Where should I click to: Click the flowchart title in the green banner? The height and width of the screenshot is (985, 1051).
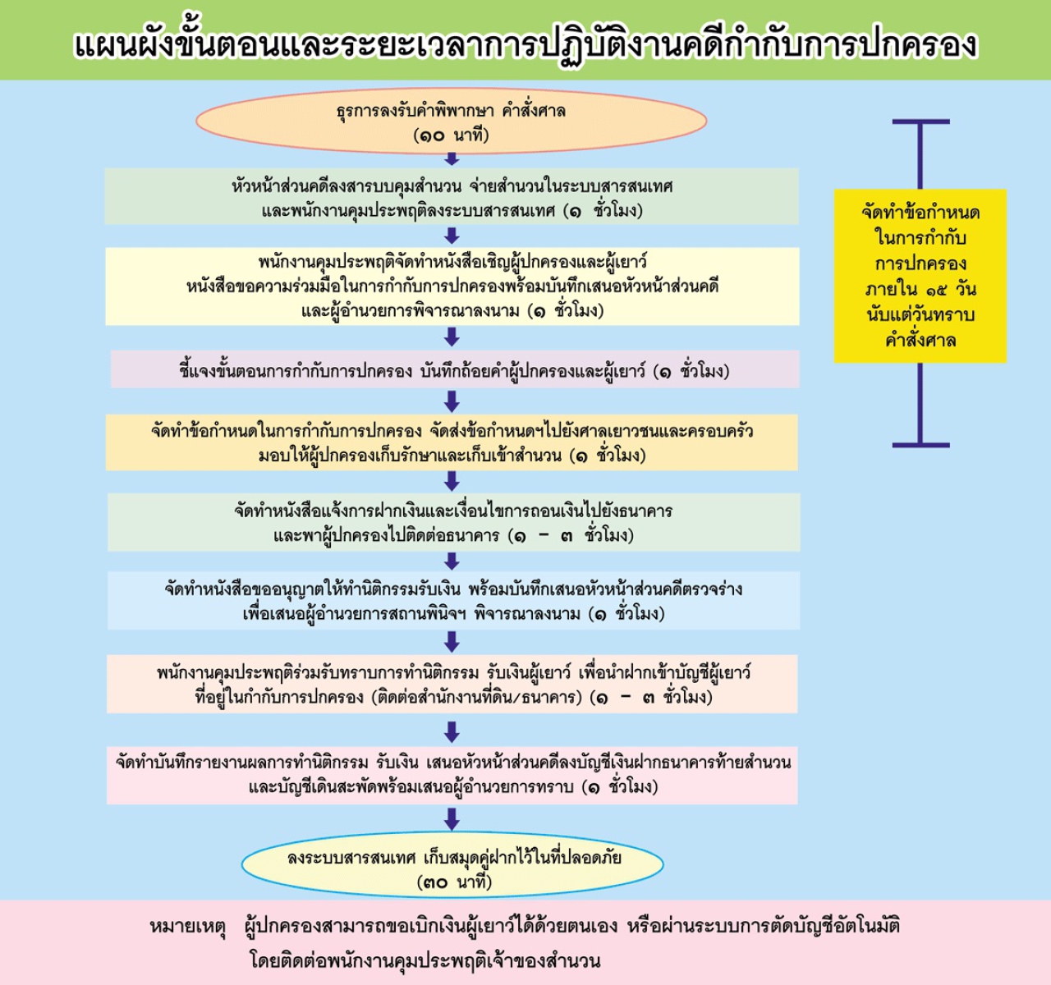click(525, 44)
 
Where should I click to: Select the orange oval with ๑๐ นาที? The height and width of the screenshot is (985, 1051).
click(452, 121)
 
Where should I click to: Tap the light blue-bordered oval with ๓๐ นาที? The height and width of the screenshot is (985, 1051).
click(452, 864)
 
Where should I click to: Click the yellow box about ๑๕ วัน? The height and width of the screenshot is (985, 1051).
click(920, 276)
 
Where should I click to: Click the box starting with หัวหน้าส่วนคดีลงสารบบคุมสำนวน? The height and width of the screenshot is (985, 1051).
click(452, 196)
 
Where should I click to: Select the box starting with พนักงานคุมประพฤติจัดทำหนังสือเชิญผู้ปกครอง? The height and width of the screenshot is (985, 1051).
click(452, 286)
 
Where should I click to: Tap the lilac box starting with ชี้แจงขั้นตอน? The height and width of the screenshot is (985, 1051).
click(455, 369)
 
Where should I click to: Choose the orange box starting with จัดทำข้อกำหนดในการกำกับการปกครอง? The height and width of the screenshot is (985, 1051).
click(452, 442)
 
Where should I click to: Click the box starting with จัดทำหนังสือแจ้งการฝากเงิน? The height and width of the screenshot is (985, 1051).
click(453, 522)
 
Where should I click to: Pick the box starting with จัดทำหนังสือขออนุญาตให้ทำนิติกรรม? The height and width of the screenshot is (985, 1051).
click(453, 601)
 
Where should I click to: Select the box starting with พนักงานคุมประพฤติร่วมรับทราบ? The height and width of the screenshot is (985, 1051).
click(452, 684)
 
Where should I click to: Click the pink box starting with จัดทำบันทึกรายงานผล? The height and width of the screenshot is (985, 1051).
click(452, 776)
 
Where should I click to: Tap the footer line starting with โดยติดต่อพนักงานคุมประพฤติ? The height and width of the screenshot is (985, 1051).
click(425, 961)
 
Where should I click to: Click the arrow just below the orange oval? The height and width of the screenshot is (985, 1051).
click(452, 158)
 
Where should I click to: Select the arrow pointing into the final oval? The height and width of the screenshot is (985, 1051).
click(452, 819)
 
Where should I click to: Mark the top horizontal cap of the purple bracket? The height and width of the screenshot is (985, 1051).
click(920, 121)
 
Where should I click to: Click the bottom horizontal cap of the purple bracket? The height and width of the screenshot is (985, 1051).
click(920, 445)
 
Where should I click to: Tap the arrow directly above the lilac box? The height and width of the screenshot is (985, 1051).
click(452, 337)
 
